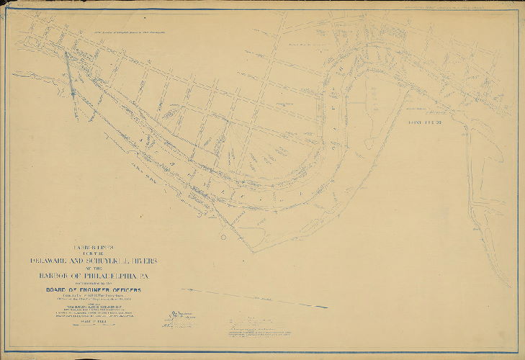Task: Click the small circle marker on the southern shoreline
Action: [x=223, y=237]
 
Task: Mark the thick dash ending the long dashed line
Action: [x=320, y=306]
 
